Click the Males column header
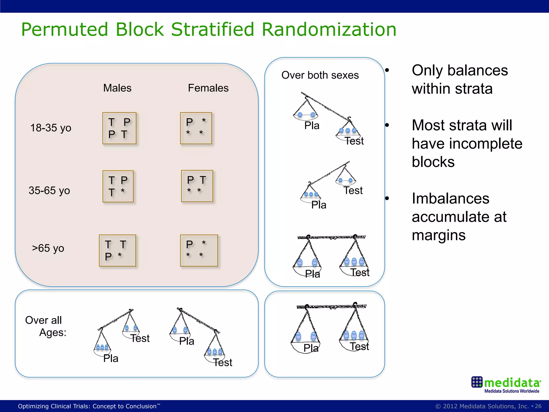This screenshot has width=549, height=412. tap(117, 88)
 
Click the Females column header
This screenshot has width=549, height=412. tap(208, 88)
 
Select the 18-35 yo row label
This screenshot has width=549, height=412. tap(51, 128)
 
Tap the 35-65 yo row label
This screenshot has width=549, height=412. tap(49, 190)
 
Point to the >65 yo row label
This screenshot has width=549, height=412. tap(48, 248)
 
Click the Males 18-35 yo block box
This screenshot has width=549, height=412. tap(119, 128)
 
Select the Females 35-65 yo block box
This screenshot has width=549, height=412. tap(197, 186)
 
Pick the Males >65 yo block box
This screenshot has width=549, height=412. tap(117, 251)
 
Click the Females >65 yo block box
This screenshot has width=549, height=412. tap(199, 251)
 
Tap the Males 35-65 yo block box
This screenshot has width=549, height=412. tap(118, 186)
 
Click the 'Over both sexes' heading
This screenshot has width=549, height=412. tap(320, 75)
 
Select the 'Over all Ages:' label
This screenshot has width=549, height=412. tap(46, 326)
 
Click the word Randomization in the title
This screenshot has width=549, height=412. tap(329, 29)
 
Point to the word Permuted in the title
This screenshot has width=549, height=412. tap(65, 29)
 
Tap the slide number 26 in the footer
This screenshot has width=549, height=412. tap(538, 406)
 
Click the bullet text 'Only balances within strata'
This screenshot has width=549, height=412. tap(459, 79)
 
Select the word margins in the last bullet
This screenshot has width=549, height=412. tap(439, 235)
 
